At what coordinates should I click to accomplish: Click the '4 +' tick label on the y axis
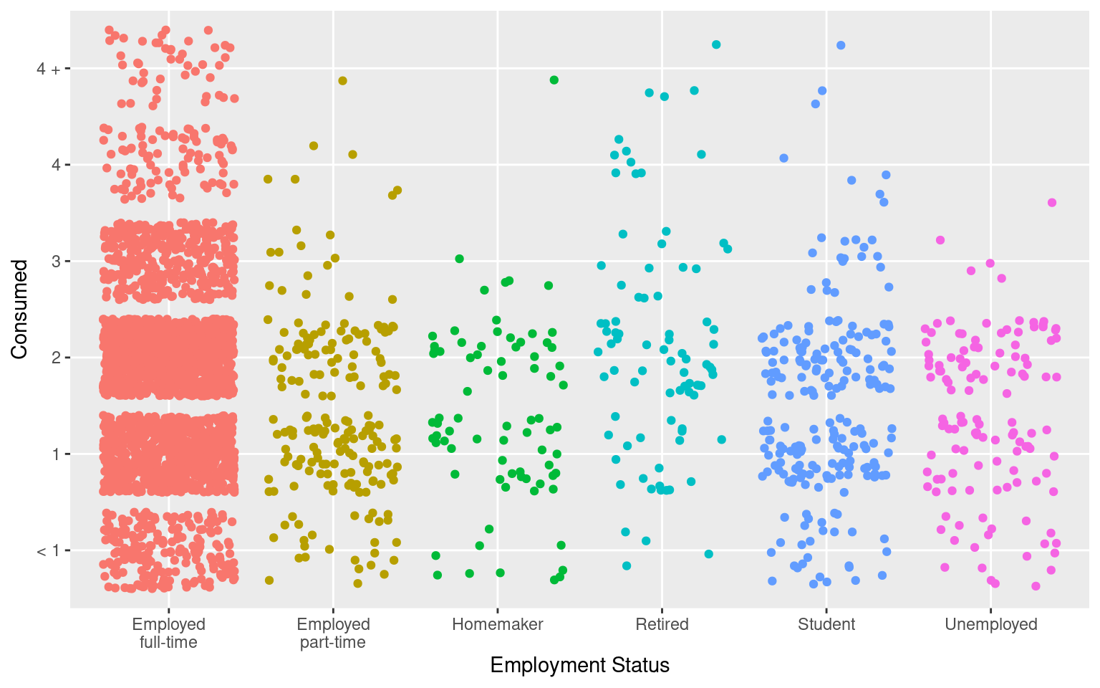pyautogui.click(x=49, y=69)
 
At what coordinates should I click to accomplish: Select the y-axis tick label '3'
pyautogui.click(x=56, y=262)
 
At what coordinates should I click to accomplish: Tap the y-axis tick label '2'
pyautogui.click(x=56, y=358)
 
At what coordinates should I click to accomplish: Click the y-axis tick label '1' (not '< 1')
pyautogui.click(x=56, y=454)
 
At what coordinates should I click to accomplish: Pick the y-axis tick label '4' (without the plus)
pyautogui.click(x=56, y=165)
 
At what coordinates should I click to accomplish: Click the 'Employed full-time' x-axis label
pyautogui.click(x=168, y=633)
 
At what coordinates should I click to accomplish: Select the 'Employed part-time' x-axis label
pyautogui.click(x=333, y=633)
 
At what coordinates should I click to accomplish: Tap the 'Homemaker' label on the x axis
pyautogui.click(x=498, y=624)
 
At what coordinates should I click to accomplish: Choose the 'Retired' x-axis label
pyautogui.click(x=662, y=624)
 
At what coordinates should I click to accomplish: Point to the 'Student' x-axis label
pyautogui.click(x=826, y=624)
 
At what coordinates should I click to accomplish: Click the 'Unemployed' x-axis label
pyautogui.click(x=991, y=624)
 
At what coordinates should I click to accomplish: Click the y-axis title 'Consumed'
pyautogui.click(x=19, y=310)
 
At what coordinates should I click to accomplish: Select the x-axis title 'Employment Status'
pyautogui.click(x=579, y=666)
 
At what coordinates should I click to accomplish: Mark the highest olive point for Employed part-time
pyautogui.click(x=342, y=81)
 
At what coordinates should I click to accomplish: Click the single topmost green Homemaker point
pyautogui.click(x=554, y=80)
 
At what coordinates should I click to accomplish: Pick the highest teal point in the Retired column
pyautogui.click(x=716, y=44)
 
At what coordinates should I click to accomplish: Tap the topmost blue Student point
pyautogui.click(x=841, y=45)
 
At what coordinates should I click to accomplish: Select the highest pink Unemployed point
pyautogui.click(x=1052, y=203)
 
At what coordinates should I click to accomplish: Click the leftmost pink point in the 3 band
pyautogui.click(x=940, y=240)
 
